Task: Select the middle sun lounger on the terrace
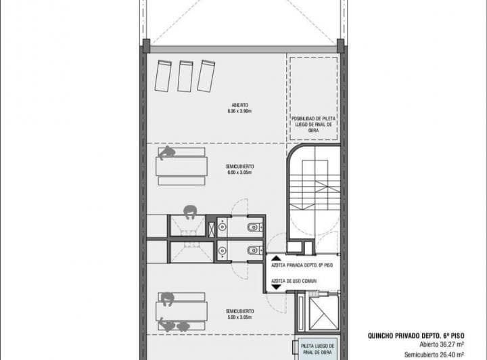click(x=185, y=75)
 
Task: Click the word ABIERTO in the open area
click(x=239, y=106)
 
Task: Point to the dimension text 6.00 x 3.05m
click(x=239, y=173)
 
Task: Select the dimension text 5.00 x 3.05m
click(x=239, y=317)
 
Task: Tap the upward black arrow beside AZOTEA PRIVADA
click(x=276, y=258)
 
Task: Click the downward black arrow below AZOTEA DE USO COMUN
click(x=276, y=288)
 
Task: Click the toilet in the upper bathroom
click(x=252, y=226)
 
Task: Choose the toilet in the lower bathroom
click(x=252, y=250)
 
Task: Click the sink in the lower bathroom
click(x=222, y=250)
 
